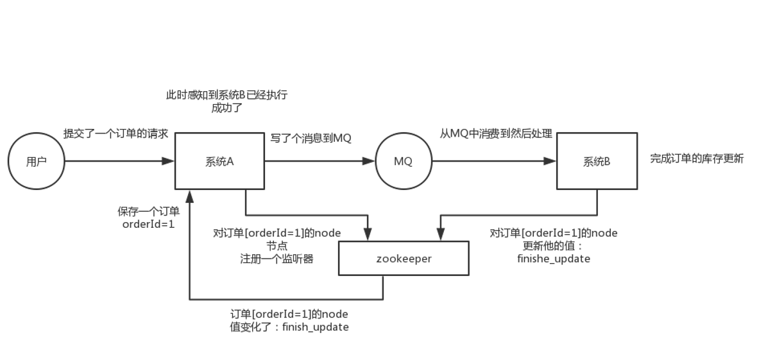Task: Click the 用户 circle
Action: click(37, 161)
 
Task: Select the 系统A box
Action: click(219, 161)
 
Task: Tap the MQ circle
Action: click(403, 161)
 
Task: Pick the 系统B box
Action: click(597, 161)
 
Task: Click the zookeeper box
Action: click(404, 259)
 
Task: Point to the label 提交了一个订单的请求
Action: click(115, 133)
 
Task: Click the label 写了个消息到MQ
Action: click(311, 138)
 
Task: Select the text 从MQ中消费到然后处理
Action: click(496, 133)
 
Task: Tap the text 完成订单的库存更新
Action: click(697, 159)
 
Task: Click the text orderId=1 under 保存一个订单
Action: click(148, 225)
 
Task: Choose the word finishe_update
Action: click(554, 259)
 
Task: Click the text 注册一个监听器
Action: click(277, 259)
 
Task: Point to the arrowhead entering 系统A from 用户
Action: click(169, 161)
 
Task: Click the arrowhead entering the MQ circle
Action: click(369, 161)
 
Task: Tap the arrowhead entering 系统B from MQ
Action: click(550, 161)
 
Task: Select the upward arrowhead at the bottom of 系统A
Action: click(189, 195)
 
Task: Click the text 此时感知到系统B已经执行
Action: click(226, 95)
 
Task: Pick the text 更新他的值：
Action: click(553, 246)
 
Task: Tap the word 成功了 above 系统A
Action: click(226, 108)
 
